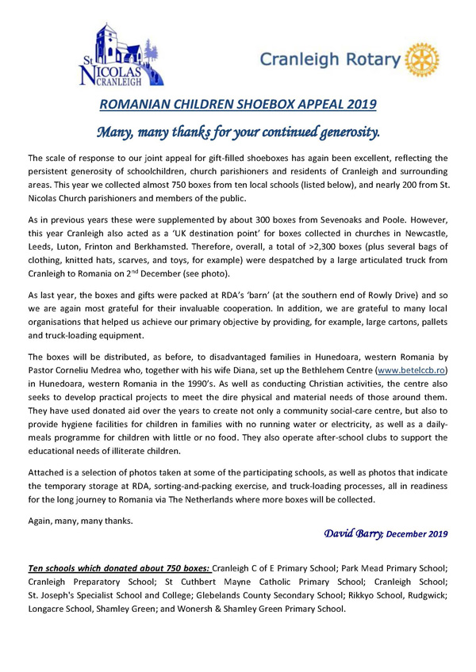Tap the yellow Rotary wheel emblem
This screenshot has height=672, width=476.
pos(420,59)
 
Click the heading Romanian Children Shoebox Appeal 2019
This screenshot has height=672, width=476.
pos(237,104)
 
